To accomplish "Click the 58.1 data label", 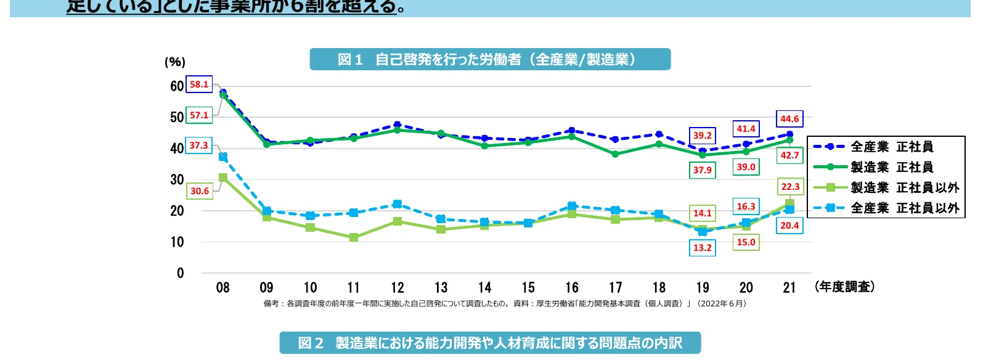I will [x=199, y=84].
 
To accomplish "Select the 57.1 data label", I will [x=199, y=115].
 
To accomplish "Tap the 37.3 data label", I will [x=198, y=145].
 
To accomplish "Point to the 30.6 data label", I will [x=200, y=191].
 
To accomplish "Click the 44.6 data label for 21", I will [x=789, y=119].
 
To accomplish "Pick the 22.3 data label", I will [x=790, y=186].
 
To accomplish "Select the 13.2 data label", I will [x=703, y=248].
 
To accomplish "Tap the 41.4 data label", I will [x=746, y=129].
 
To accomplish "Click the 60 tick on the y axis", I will [x=177, y=86].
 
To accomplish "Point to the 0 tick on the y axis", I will [x=180, y=273].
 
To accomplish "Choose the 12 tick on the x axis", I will [x=398, y=288].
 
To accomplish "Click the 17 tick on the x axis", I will [x=616, y=288].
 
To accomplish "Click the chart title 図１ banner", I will [x=490, y=59].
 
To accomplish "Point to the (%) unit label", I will [x=175, y=62].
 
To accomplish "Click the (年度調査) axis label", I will [x=844, y=287].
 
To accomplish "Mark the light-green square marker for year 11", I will [x=354, y=237].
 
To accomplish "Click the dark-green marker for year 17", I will [x=616, y=154].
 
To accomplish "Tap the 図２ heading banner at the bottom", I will [x=490, y=343].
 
